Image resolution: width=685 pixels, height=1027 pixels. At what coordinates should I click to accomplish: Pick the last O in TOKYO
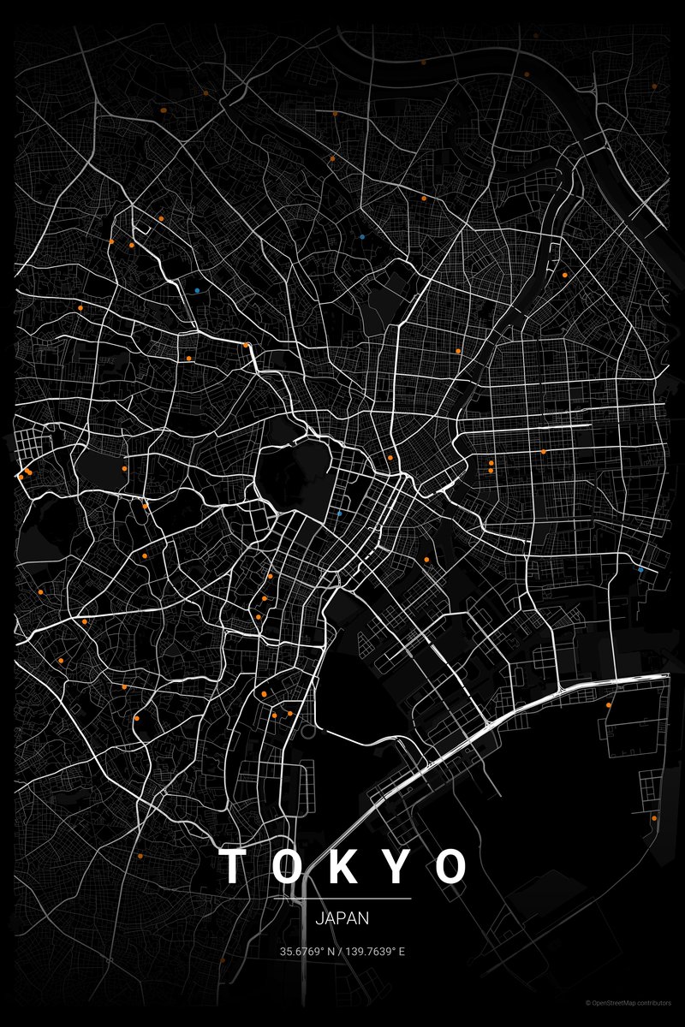tap(451, 866)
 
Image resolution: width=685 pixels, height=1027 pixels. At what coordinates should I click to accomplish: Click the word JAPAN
tap(342, 919)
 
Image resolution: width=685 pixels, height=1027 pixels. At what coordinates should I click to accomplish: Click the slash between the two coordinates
tap(340, 951)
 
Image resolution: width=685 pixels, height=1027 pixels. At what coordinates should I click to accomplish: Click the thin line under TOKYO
tap(342, 899)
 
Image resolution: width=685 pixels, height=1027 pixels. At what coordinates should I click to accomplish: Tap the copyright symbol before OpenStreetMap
tap(587, 1002)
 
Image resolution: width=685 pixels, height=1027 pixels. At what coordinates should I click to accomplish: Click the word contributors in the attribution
tap(654, 1002)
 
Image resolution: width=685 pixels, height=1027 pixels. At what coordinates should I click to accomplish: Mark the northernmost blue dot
tap(363, 236)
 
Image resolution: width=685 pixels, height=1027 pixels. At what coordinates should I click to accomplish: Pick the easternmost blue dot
tap(640, 569)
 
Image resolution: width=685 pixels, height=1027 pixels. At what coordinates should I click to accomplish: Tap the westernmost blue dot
tap(197, 290)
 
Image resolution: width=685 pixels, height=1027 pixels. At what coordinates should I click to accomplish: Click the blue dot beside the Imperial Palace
tap(340, 513)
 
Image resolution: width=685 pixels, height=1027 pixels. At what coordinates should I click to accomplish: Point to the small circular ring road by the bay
tap(307, 732)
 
